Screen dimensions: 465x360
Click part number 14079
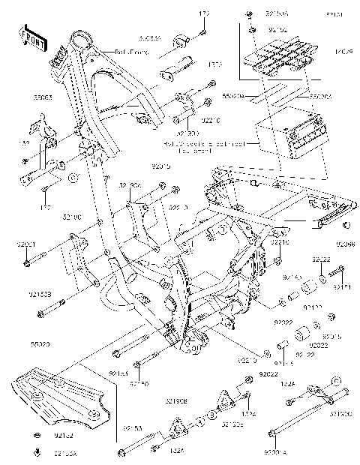341,50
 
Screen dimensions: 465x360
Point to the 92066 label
346,244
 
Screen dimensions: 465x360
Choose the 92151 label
342,287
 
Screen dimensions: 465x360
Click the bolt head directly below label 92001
27,262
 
